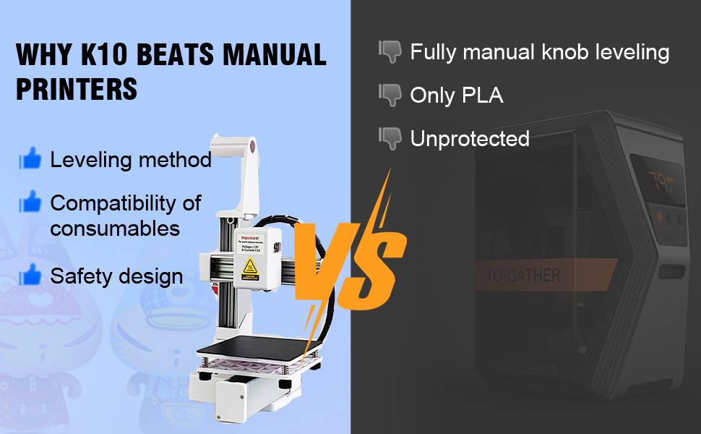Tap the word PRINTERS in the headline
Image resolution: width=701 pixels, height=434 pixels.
77,88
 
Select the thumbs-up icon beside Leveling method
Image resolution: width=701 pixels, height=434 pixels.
30,159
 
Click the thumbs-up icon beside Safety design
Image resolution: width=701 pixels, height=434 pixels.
30,275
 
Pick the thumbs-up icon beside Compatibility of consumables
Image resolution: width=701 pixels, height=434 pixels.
30,203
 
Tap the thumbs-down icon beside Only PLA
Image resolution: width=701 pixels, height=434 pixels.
390,95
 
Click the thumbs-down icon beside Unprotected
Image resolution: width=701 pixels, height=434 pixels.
390,137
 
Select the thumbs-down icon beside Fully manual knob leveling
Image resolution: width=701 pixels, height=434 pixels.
390,52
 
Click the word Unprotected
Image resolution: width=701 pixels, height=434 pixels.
470,138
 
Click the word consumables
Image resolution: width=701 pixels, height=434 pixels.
115,229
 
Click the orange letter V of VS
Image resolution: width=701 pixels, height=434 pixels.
322,257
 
